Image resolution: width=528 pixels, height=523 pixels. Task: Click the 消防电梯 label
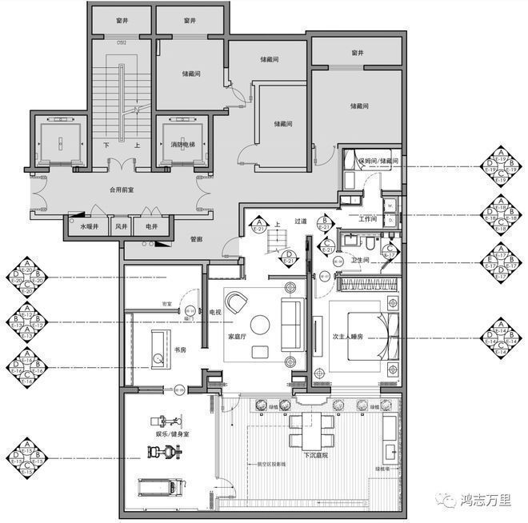coord(185,145)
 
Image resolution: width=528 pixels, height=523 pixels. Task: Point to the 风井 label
coord(121,227)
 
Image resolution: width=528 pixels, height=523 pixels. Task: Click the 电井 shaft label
coord(152,227)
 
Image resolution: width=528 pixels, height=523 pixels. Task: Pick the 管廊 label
coord(196,238)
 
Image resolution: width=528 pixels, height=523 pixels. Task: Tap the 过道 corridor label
coord(300,222)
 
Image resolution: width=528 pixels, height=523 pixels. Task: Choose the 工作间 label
coord(367,218)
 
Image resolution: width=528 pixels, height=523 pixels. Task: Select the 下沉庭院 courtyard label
coord(317,455)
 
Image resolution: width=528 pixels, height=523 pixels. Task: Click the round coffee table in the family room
coord(260,325)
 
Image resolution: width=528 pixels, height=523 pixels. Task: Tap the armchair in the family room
coord(237,302)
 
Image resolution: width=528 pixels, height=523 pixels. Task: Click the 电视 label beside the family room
coord(215,312)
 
